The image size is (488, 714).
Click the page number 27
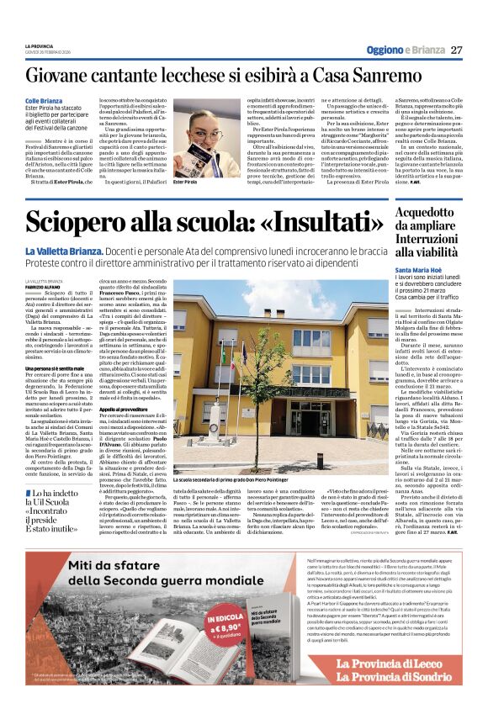coord(456,50)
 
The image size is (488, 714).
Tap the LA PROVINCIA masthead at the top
coord(40,45)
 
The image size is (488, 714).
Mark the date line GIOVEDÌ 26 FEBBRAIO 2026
coord(49,52)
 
